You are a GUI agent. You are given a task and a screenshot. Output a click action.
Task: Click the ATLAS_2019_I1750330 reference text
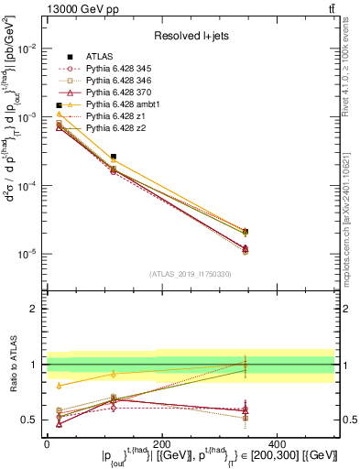tap(190, 274)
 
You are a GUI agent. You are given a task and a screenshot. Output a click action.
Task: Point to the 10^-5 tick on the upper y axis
tap(27, 254)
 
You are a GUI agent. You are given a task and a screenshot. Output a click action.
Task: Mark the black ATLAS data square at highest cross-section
tap(59, 105)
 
